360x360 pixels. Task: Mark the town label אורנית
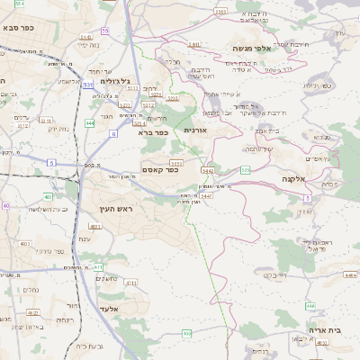(195, 130)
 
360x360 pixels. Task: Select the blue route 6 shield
(114, 133)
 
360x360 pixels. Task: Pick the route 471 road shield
(98, 267)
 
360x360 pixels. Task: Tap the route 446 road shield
(310, 306)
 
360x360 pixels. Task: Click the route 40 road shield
(5, 206)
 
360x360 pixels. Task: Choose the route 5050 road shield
(175, 163)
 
